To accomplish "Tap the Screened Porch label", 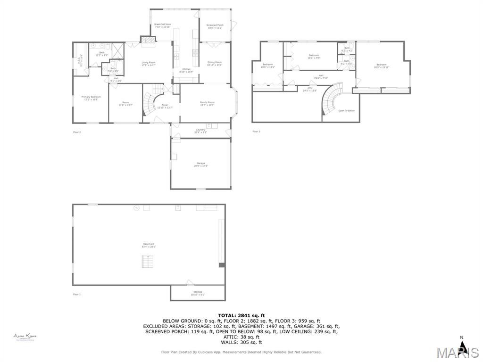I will click(x=215, y=25).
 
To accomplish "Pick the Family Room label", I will click(x=207, y=103).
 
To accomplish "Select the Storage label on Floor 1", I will click(x=198, y=293).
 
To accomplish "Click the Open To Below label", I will click(x=346, y=111).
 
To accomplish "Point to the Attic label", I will click(x=310, y=89).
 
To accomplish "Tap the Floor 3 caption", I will click(x=256, y=132).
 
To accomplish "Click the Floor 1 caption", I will click(x=77, y=294).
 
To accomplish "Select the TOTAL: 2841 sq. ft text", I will click(x=241, y=315).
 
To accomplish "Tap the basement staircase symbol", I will click(x=148, y=261).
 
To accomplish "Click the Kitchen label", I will click(x=186, y=70).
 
